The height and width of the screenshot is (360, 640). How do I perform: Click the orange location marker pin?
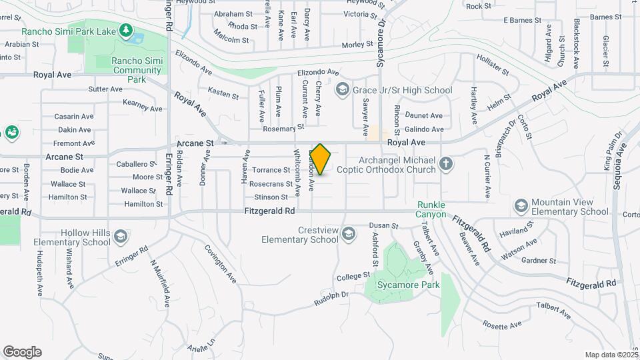[321, 159]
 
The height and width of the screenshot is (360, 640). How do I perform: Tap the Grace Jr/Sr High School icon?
[342, 90]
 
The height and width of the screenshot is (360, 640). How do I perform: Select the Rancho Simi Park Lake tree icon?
[125, 31]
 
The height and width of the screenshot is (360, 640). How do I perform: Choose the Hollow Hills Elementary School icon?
[121, 237]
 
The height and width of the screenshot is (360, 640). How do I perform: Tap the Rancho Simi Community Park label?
[127, 70]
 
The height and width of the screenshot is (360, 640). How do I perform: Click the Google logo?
[22, 352]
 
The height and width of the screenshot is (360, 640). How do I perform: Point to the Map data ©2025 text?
[611, 355]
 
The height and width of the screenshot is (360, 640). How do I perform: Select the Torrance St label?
[271, 170]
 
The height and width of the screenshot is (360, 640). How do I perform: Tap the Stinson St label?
[271, 197]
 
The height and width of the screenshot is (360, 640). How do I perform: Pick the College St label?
[353, 275]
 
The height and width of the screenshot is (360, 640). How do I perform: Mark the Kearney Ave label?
[143, 105]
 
